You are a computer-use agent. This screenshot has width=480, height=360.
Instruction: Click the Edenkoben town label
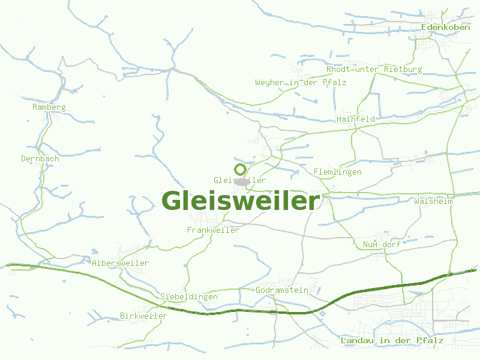(x=445, y=28)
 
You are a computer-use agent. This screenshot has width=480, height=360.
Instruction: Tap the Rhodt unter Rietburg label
(x=374, y=70)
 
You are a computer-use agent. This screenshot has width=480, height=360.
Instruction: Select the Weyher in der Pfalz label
(x=301, y=82)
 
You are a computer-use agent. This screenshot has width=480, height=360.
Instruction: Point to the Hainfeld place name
(x=356, y=119)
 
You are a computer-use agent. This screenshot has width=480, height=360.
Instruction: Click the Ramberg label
(x=49, y=107)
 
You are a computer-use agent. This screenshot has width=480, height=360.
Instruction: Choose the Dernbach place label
(x=40, y=159)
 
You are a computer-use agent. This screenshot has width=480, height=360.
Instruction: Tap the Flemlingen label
(x=337, y=172)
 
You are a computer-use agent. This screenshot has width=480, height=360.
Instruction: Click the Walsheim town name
(x=433, y=202)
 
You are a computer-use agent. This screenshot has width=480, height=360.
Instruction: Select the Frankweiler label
(x=213, y=230)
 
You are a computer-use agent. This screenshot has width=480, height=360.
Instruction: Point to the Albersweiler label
(x=120, y=263)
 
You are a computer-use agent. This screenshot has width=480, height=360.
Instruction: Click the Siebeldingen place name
(x=188, y=297)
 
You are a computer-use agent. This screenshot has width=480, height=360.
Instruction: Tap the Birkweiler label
(x=143, y=316)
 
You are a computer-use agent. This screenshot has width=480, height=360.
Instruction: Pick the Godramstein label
(x=281, y=290)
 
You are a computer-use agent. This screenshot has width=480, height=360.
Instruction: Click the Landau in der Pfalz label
(x=391, y=341)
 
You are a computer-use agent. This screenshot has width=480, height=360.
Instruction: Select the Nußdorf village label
(x=382, y=245)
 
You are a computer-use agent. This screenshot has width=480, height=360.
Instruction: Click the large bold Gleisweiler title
(x=241, y=201)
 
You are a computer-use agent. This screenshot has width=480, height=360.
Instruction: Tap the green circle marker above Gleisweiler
(x=241, y=169)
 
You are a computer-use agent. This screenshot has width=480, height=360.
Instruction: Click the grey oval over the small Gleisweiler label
(x=241, y=181)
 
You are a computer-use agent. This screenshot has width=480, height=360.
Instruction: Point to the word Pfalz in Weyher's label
(x=334, y=82)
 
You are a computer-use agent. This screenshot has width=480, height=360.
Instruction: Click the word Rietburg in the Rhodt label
(x=403, y=70)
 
